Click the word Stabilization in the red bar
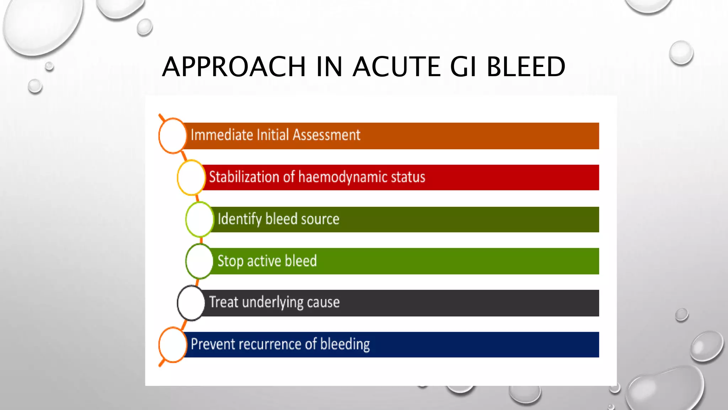tap(244, 177)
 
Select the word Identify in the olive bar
tap(240, 219)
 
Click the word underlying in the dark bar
tap(273, 302)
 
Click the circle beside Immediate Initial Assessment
tap(172, 136)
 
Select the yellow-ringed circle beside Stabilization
tap(191, 177)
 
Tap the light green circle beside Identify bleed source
tap(200, 219)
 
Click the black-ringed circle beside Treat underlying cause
tap(191, 303)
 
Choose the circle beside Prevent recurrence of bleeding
tap(173, 345)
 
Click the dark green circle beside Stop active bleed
tap(199, 261)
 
